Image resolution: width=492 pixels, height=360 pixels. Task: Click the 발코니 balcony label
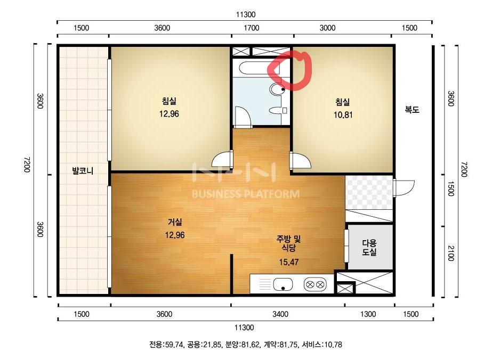83,171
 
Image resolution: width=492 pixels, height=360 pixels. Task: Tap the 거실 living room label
175,222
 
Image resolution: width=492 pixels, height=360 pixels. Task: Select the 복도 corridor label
412,110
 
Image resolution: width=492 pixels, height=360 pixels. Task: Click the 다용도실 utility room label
369,247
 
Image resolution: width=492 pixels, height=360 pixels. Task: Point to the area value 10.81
343,115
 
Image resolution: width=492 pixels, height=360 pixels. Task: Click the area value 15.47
289,262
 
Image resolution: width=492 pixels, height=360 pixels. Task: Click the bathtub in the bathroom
259,68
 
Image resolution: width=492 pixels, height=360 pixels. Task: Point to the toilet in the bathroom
277,89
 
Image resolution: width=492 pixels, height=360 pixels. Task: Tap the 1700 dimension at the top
252,28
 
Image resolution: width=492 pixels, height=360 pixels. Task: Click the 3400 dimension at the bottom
280,314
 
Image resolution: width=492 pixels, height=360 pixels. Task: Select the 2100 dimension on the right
450,253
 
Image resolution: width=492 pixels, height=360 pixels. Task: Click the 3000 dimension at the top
327,28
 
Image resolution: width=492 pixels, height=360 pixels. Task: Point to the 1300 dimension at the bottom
368,314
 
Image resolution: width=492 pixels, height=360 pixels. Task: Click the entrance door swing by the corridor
404,188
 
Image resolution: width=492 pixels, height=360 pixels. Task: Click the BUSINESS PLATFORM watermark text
246,194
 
